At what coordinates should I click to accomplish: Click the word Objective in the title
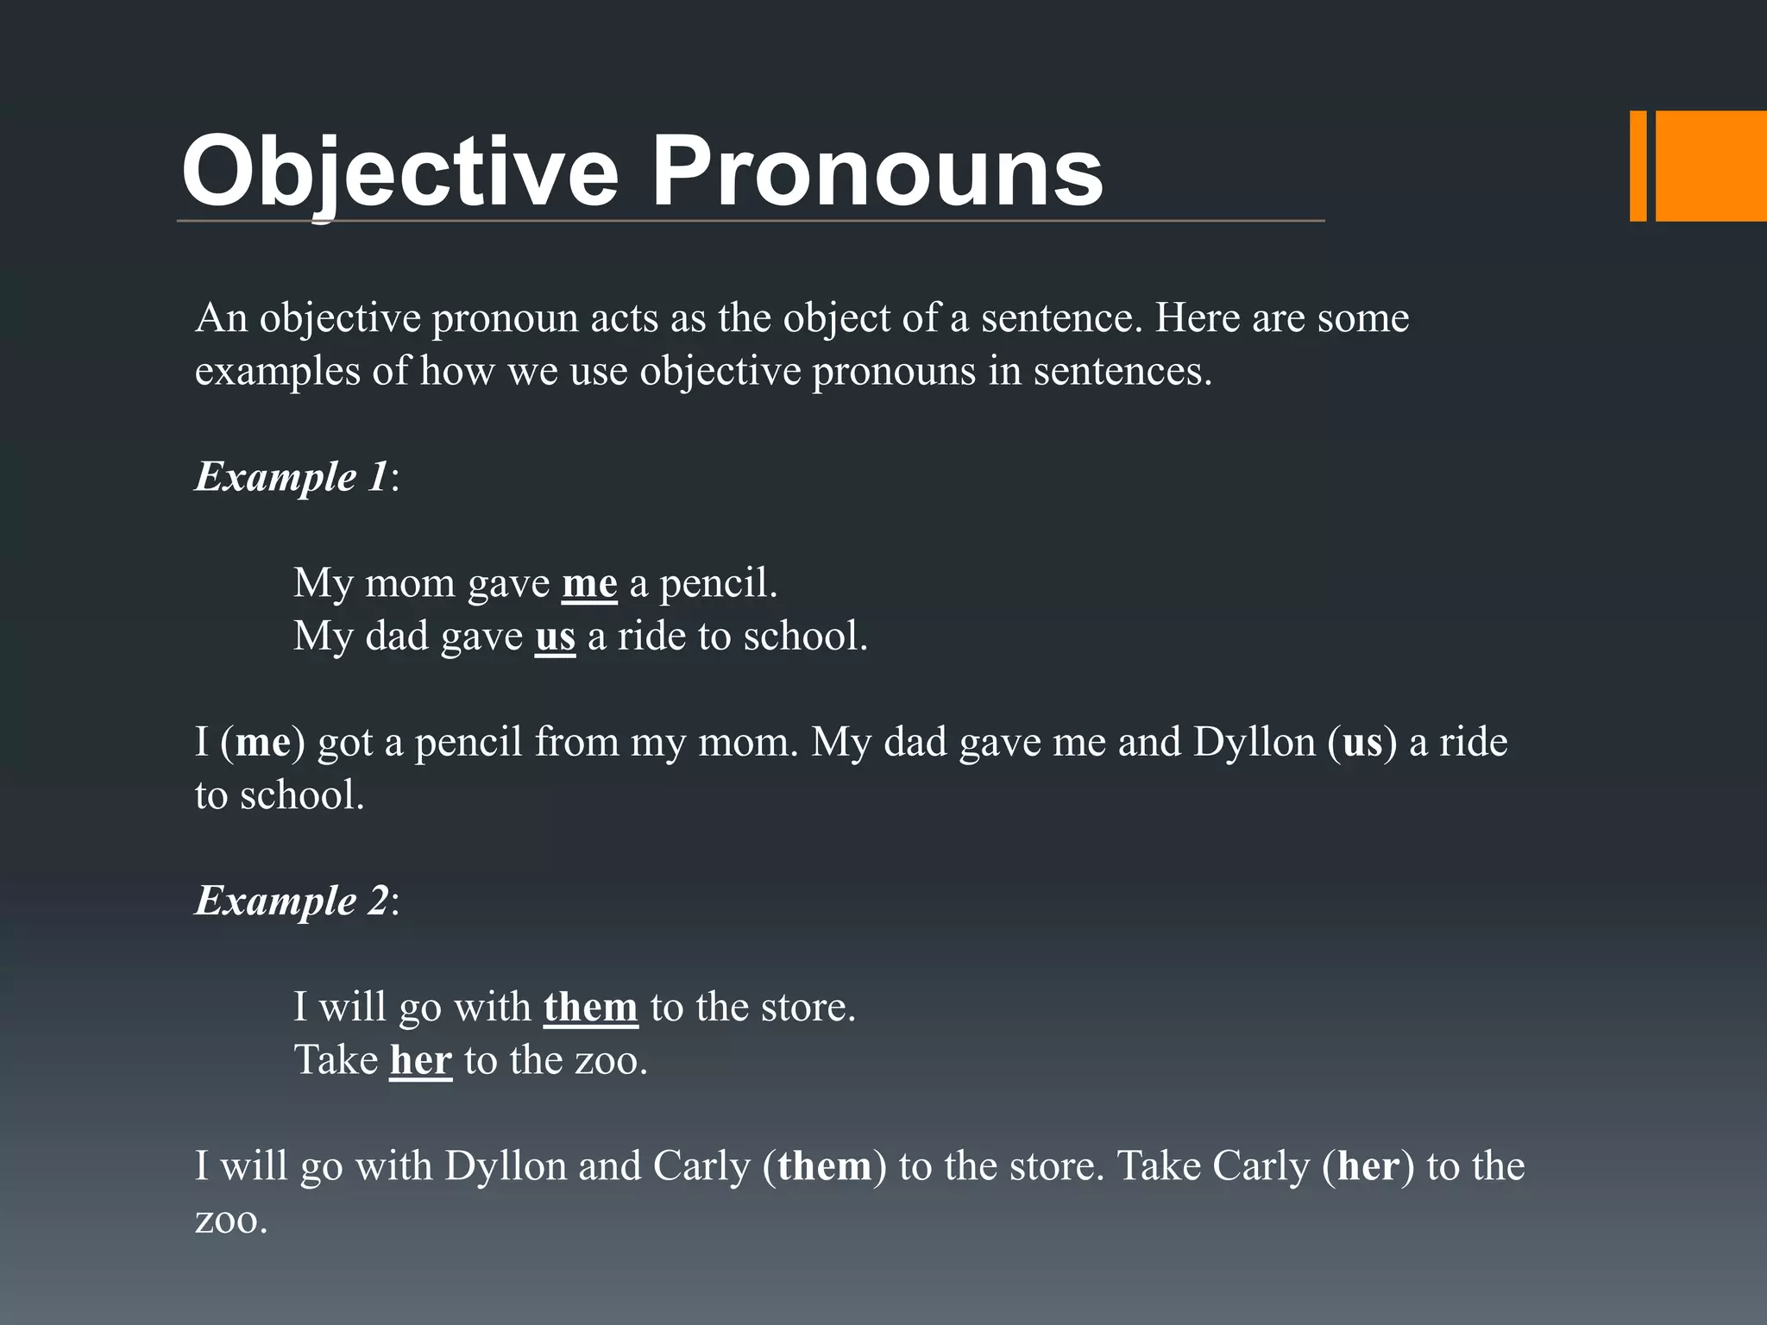[x=399, y=172]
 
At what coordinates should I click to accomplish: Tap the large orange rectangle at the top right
[x=1711, y=166]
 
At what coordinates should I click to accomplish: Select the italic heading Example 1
[x=292, y=477]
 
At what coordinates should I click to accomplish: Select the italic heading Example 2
[x=292, y=901]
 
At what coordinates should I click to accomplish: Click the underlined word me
[x=589, y=584]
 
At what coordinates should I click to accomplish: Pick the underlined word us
[x=555, y=637]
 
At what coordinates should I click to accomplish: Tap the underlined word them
[x=590, y=1008]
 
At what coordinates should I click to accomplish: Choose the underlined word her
[x=420, y=1061]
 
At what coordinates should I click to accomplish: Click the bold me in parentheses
[x=262, y=743]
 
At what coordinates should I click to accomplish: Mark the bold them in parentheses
[x=824, y=1167]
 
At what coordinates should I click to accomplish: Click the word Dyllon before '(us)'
[x=1254, y=743]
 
